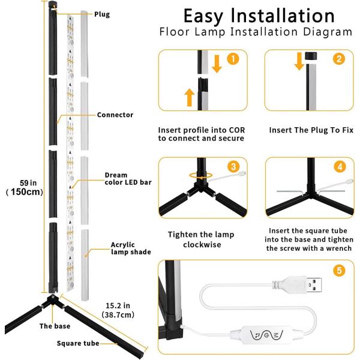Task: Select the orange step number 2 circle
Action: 340,59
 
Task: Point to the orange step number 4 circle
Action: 340,166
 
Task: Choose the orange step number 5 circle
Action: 340,271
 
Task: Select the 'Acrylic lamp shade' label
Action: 130,248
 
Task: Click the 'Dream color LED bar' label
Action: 125,179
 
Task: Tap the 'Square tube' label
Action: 77,343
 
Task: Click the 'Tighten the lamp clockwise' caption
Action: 201,239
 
